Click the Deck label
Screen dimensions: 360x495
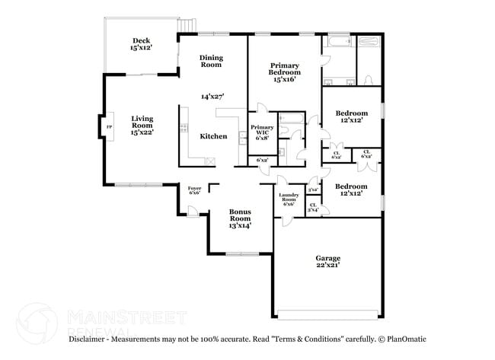point(141,41)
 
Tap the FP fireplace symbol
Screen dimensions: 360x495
point(109,127)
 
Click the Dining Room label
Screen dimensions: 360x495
point(210,61)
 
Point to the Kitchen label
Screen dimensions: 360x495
point(213,136)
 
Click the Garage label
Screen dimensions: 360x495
point(329,258)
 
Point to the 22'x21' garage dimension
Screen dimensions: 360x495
point(329,266)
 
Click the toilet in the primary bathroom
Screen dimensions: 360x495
point(368,80)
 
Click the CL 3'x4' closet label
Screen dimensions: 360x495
point(312,207)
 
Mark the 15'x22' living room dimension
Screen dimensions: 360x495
point(142,132)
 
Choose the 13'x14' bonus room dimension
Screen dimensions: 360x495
point(241,225)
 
